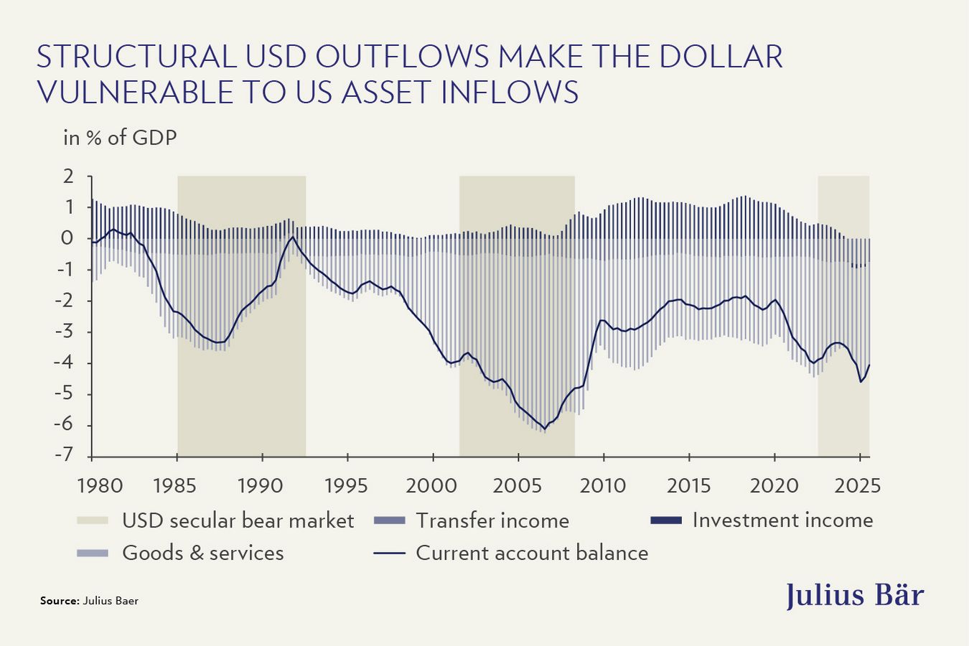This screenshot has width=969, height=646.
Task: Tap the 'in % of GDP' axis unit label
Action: pos(120,137)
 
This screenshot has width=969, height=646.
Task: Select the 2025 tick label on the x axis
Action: pos(858,485)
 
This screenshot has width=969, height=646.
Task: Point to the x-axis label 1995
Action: pos(347,485)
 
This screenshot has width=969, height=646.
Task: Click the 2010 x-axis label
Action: pos(603,485)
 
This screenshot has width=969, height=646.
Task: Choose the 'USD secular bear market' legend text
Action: pos(238,520)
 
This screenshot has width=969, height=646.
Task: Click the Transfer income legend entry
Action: pos(492,520)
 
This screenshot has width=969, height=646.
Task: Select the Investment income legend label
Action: pos(782,520)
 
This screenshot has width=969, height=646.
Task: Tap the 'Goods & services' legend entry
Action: pos(202,553)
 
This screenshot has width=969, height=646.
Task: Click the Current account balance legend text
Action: pos(531,553)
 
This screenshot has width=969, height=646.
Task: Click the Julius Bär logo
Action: pos(854,595)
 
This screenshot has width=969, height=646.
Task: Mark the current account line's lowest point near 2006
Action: pos(545,429)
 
